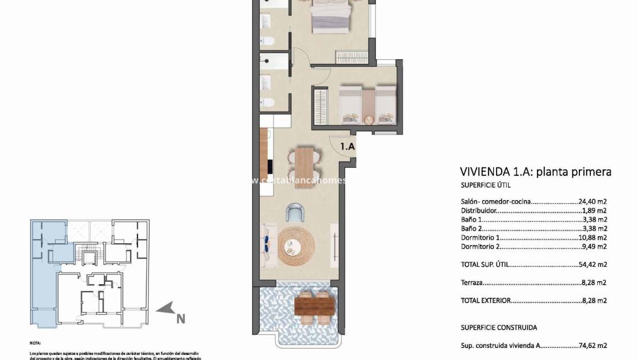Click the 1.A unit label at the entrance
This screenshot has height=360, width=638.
347,147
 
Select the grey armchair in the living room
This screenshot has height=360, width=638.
296,213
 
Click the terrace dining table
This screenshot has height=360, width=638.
314,305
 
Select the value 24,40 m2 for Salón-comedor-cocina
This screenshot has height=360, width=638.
593,202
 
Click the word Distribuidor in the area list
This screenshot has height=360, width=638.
479,211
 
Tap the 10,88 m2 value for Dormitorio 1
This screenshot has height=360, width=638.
593,238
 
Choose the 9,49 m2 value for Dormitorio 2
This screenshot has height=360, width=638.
594,247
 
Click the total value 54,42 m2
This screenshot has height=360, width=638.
593,265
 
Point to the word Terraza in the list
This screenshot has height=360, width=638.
471,283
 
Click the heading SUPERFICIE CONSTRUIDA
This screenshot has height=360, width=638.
499,328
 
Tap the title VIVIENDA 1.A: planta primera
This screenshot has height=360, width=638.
535,171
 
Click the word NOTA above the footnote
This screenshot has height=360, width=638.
36,342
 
